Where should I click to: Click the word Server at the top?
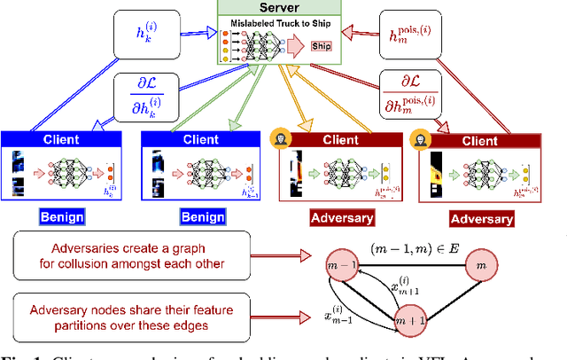[x=281, y=8]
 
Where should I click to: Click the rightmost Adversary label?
[x=481, y=218]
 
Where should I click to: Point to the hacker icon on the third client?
[x=279, y=138]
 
